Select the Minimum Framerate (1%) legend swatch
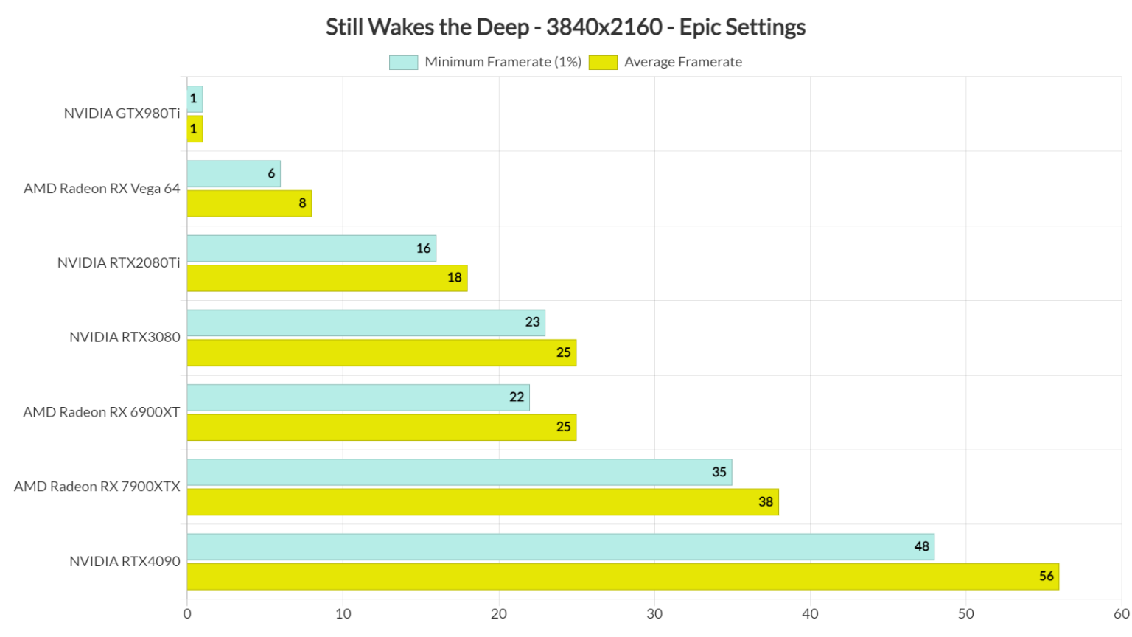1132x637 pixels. (403, 63)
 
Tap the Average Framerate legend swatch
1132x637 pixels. (603, 63)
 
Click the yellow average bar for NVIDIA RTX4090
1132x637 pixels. (622, 577)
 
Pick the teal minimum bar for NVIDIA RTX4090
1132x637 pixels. (560, 547)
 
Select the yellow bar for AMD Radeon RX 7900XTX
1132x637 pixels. (482, 502)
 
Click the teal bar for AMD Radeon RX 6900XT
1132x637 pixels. (357, 397)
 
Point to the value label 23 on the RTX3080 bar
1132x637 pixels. (533, 322)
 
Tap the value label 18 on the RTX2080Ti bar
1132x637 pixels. (455, 278)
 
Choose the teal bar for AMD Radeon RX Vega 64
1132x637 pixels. (233, 174)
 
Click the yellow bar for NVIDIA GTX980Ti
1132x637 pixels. (195, 129)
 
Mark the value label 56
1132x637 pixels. (1047, 577)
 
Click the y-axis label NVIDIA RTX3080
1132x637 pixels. (125, 337)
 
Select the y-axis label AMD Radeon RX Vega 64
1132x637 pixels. (102, 189)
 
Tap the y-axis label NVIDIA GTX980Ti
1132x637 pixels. (122, 114)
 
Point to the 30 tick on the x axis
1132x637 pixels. (654, 614)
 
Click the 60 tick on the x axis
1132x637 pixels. (1121, 614)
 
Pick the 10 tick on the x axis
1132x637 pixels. (343, 614)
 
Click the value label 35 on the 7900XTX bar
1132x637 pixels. (719, 472)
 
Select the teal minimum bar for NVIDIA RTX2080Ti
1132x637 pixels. (311, 248)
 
